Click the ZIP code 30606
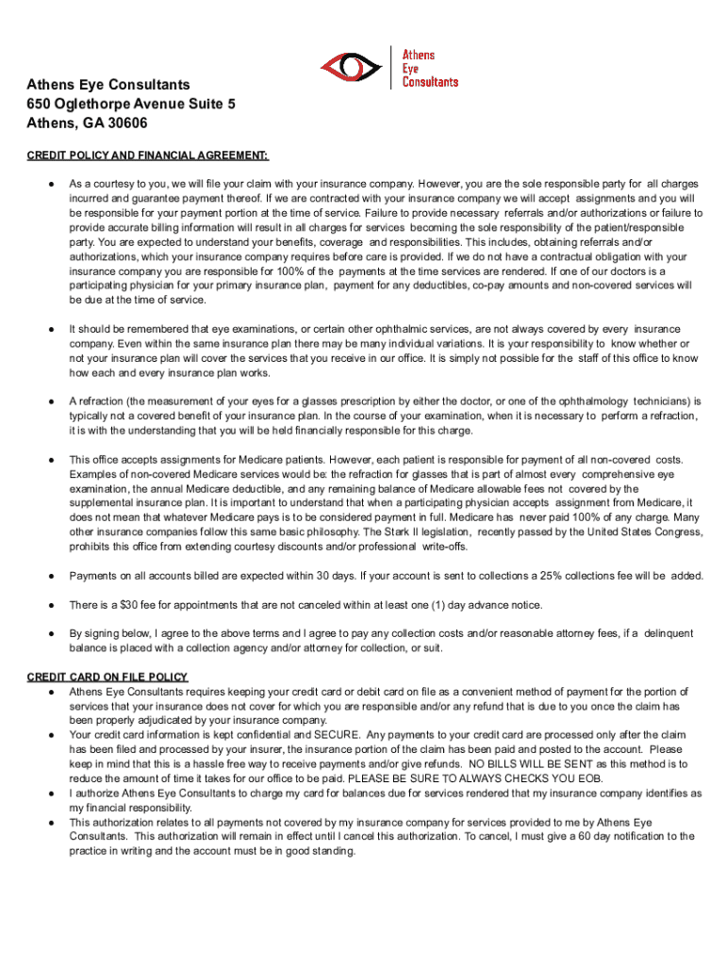125,123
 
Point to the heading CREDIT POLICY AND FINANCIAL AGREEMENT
148,155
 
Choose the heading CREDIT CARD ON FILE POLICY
107,677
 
